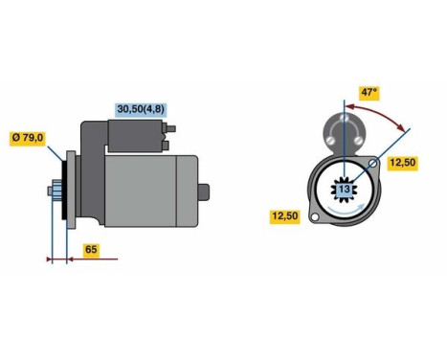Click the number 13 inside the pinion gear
tap(345, 191)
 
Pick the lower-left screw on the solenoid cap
tap(330, 141)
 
